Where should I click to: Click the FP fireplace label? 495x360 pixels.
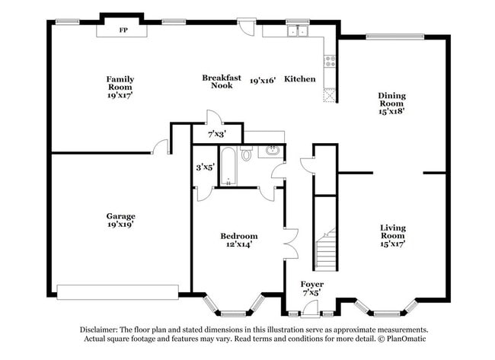click(x=123, y=30)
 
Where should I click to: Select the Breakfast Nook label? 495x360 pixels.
click(x=222, y=81)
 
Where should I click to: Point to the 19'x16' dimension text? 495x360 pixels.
click(x=263, y=81)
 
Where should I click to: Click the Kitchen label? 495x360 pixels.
click(x=299, y=79)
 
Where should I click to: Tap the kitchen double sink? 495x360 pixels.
click(x=298, y=31)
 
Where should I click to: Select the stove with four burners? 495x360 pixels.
click(x=331, y=61)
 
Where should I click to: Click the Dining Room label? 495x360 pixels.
click(x=391, y=104)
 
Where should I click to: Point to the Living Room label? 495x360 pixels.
click(x=393, y=236)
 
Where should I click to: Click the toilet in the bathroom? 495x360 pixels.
click(x=246, y=154)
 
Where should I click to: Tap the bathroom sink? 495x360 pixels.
click(x=272, y=151)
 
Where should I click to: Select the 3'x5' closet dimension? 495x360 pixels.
click(x=206, y=167)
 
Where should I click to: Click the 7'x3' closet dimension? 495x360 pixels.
click(x=217, y=135)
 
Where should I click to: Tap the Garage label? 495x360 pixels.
click(x=120, y=220)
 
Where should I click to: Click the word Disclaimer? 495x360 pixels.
click(x=99, y=330)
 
